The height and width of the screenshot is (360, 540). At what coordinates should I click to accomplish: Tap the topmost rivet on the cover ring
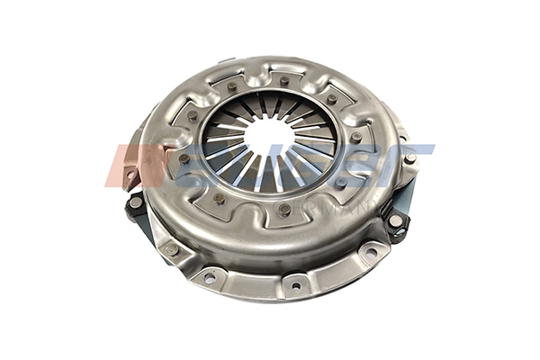click(284, 81)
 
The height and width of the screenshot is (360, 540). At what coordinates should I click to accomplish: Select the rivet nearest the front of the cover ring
click(284, 209)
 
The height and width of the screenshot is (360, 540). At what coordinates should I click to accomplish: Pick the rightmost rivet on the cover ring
click(357, 137)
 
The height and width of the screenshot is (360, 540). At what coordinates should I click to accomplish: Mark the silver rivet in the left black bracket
click(136, 203)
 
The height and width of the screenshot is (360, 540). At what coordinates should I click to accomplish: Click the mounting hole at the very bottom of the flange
click(294, 288)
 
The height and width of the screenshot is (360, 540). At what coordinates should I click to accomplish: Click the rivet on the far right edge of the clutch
click(410, 159)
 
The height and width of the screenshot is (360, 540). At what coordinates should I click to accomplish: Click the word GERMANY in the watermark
click(306, 212)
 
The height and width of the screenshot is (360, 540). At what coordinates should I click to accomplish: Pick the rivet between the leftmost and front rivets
click(219, 198)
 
